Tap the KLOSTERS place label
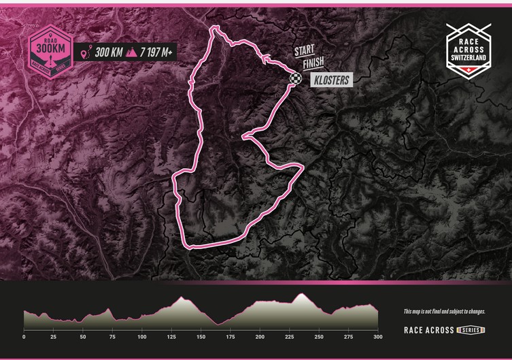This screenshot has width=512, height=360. (331, 80)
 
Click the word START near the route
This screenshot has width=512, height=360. (305, 51)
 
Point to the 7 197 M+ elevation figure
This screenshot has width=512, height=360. (158, 52)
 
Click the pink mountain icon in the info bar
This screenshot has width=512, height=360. (131, 52)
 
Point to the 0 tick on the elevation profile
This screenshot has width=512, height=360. (24, 337)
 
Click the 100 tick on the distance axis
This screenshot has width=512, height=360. (141, 337)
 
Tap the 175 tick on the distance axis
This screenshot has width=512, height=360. (230, 337)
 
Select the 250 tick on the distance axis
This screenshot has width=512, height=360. (318, 337)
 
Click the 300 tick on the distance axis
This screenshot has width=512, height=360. (377, 337)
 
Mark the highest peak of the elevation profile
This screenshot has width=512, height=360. (301, 295)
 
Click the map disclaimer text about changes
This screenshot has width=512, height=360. (444, 312)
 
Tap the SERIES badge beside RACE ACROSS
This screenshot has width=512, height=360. (470, 330)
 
